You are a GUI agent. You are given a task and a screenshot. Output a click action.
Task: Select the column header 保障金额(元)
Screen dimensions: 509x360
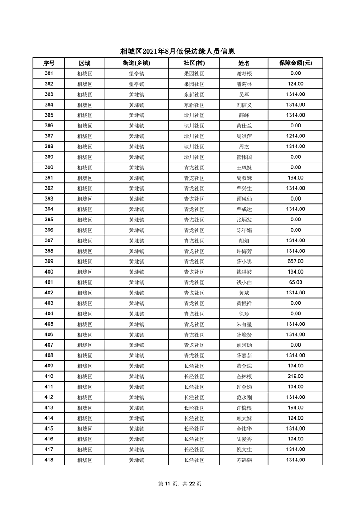[x=295, y=63]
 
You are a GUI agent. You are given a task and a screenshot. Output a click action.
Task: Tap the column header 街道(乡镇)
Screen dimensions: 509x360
[x=136, y=63]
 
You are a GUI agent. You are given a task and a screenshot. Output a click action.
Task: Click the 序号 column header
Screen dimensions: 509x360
[x=49, y=63]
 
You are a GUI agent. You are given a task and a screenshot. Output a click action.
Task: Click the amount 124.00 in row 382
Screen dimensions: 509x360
[x=296, y=84]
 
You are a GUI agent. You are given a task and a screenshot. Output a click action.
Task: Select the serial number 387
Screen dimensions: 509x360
[x=49, y=136]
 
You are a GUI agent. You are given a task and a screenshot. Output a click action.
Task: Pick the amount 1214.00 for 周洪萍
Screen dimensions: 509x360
[x=296, y=136]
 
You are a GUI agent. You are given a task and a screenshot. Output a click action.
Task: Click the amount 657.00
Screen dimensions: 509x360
[x=296, y=261]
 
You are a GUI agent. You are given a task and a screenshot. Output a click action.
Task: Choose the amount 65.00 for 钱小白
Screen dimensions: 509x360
[x=296, y=282]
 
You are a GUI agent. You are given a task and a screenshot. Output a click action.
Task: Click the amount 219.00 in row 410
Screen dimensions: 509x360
[x=296, y=377]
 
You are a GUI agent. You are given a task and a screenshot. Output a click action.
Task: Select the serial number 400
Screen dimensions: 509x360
[x=49, y=272]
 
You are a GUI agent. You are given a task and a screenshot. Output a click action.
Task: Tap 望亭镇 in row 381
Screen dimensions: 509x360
[x=136, y=73]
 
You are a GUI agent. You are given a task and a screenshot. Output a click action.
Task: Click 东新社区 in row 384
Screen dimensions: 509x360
[x=194, y=105]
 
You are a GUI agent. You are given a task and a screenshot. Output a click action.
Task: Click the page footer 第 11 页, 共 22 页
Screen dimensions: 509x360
[x=180, y=484]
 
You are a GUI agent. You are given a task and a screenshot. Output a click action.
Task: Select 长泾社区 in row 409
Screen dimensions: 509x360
[x=194, y=366]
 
